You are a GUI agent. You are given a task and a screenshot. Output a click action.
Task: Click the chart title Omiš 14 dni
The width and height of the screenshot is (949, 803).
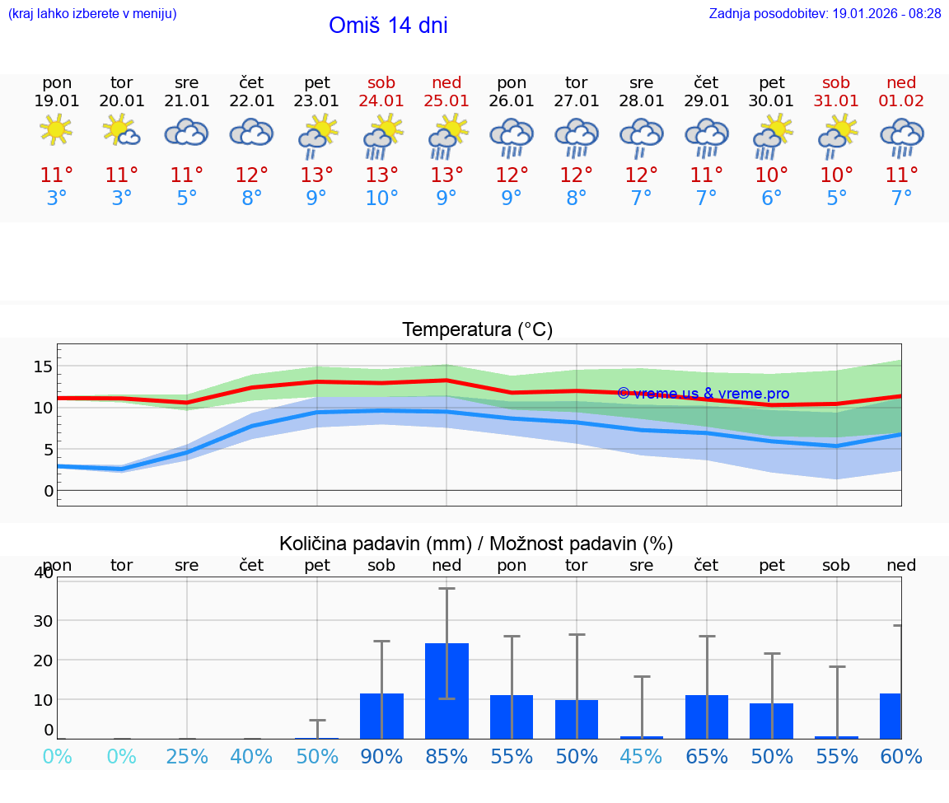[x=388, y=26]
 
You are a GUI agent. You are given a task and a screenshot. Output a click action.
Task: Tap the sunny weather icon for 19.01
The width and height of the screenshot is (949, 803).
[x=56, y=130]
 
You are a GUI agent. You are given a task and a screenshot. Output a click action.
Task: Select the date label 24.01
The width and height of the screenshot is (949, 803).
[x=381, y=101]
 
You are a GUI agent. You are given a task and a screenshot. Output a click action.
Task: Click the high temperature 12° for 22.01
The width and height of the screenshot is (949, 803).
[x=251, y=175]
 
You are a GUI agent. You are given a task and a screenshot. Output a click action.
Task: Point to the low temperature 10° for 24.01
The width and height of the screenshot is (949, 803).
[x=381, y=198]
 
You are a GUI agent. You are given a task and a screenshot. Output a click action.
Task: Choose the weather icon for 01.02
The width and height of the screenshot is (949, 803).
[x=901, y=136]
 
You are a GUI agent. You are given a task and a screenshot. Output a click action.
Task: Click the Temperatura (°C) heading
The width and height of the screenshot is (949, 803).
[x=477, y=330]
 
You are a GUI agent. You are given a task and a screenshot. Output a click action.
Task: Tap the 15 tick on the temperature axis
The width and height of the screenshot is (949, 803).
[x=44, y=366]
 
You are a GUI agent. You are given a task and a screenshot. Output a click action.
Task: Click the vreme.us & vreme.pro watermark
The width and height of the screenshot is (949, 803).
[x=703, y=394]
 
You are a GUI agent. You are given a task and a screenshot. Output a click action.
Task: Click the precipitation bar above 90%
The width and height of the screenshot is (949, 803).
[x=381, y=716]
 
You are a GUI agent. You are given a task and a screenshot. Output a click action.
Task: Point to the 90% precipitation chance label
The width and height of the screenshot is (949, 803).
[x=381, y=756]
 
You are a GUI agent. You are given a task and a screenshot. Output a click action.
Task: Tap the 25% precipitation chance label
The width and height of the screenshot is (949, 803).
[x=187, y=756]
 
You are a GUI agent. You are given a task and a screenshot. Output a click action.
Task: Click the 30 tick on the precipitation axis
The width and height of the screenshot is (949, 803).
[x=43, y=620]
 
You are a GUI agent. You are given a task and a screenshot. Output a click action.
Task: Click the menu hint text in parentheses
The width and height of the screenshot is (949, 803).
[x=92, y=13]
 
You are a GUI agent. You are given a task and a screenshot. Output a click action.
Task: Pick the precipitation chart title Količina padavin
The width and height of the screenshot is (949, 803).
[x=476, y=544]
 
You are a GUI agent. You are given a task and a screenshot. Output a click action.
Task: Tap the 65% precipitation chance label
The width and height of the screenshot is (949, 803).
[x=707, y=756]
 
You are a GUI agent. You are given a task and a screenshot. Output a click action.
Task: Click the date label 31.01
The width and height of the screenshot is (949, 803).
[x=836, y=101]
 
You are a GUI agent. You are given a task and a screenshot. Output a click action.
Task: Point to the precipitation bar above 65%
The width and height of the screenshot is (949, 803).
[x=707, y=717]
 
